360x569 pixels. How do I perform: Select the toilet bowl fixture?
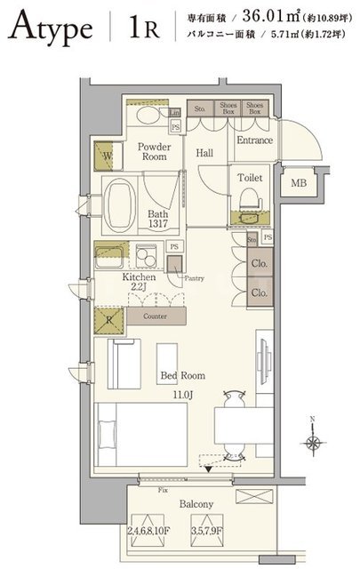point(249,196)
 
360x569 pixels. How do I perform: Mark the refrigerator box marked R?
point(108,318)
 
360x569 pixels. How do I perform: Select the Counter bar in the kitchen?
point(147,316)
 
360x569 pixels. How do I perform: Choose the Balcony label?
point(195,504)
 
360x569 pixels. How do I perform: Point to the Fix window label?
point(160,490)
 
